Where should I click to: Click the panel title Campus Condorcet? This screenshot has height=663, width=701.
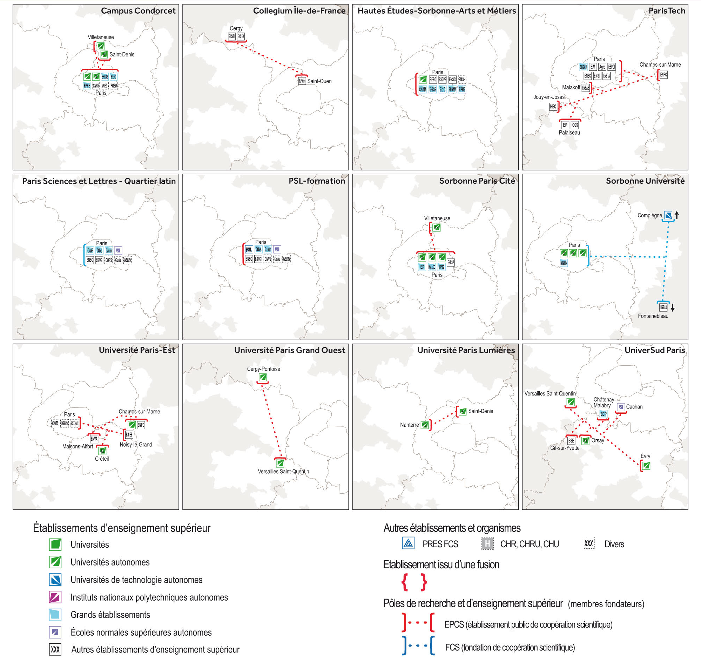(138, 11)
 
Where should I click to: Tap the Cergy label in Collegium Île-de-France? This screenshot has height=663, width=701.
(236, 28)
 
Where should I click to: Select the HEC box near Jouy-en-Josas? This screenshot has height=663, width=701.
(553, 107)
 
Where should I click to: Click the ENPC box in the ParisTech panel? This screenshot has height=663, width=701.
(663, 75)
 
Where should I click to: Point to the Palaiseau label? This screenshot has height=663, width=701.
(569, 133)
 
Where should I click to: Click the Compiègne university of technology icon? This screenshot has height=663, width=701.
(668, 215)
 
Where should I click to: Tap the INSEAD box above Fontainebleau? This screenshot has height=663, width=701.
(663, 307)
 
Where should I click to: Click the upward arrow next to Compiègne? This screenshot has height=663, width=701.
(677, 215)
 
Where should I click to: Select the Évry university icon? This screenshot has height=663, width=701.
(646, 466)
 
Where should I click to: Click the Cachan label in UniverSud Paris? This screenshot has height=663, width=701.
(634, 407)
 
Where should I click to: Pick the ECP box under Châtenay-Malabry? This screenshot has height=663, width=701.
(604, 414)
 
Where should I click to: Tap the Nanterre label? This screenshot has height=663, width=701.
(409, 425)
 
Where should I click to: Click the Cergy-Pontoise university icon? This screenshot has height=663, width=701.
(263, 377)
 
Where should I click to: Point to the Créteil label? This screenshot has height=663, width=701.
(102, 459)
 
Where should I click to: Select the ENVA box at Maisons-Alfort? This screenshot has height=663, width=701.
(94, 439)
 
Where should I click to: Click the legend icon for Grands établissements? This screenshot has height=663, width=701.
(55, 615)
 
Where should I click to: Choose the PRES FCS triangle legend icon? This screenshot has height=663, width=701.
(408, 543)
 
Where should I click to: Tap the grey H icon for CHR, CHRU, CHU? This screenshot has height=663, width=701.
(487, 543)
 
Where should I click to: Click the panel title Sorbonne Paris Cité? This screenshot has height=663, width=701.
(477, 181)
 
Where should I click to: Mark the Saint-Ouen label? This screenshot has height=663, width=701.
(319, 81)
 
